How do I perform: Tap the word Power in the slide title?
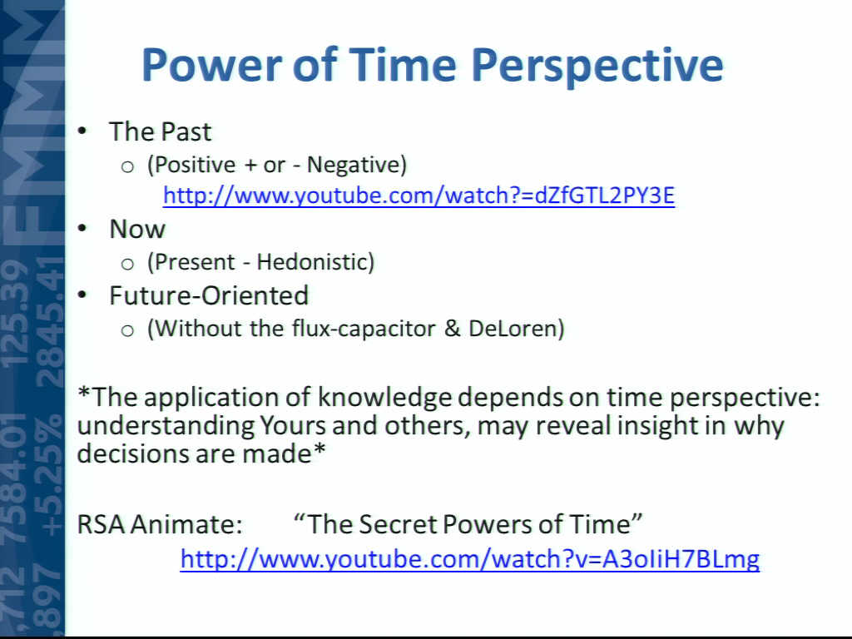click(212, 65)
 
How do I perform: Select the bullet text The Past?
click(161, 131)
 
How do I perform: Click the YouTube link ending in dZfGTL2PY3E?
click(419, 196)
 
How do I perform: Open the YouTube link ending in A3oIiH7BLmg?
click(470, 558)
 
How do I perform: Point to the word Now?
click(137, 229)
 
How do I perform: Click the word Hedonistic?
click(315, 262)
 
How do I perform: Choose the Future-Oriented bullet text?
click(209, 295)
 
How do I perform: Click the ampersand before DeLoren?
click(452, 328)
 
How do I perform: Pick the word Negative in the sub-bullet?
click(356, 165)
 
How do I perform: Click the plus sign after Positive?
click(250, 166)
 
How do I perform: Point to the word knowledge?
click(384, 398)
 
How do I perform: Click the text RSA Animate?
click(160, 524)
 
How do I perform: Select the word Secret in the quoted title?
click(397, 524)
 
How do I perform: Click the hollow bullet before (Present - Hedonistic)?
click(127, 265)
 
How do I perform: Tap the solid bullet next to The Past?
click(82, 131)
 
